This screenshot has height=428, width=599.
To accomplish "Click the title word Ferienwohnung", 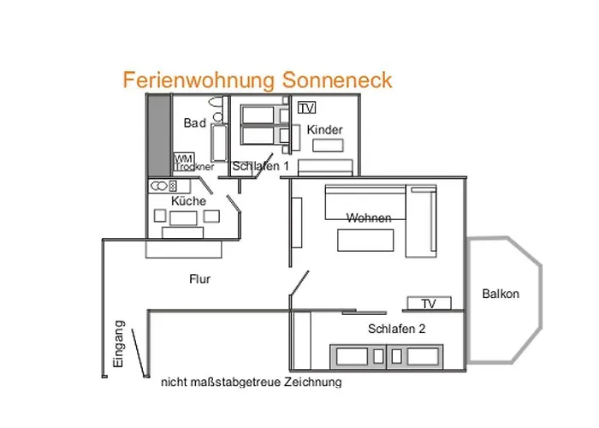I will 197,80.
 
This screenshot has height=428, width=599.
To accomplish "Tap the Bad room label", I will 194,123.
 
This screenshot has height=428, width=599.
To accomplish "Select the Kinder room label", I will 324,129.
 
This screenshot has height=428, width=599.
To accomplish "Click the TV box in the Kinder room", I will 306,108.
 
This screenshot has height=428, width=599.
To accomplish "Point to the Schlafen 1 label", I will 261,166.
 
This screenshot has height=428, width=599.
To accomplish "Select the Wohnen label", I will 369,217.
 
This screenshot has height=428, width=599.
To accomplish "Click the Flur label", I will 199,279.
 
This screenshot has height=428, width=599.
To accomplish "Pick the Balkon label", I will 501,294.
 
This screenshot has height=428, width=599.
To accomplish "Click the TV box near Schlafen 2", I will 428,304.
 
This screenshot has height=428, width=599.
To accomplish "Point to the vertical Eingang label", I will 119,343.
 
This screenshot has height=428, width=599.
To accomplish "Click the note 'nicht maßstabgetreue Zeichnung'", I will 251,382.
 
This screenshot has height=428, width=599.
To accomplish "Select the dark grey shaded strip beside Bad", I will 157,134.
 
